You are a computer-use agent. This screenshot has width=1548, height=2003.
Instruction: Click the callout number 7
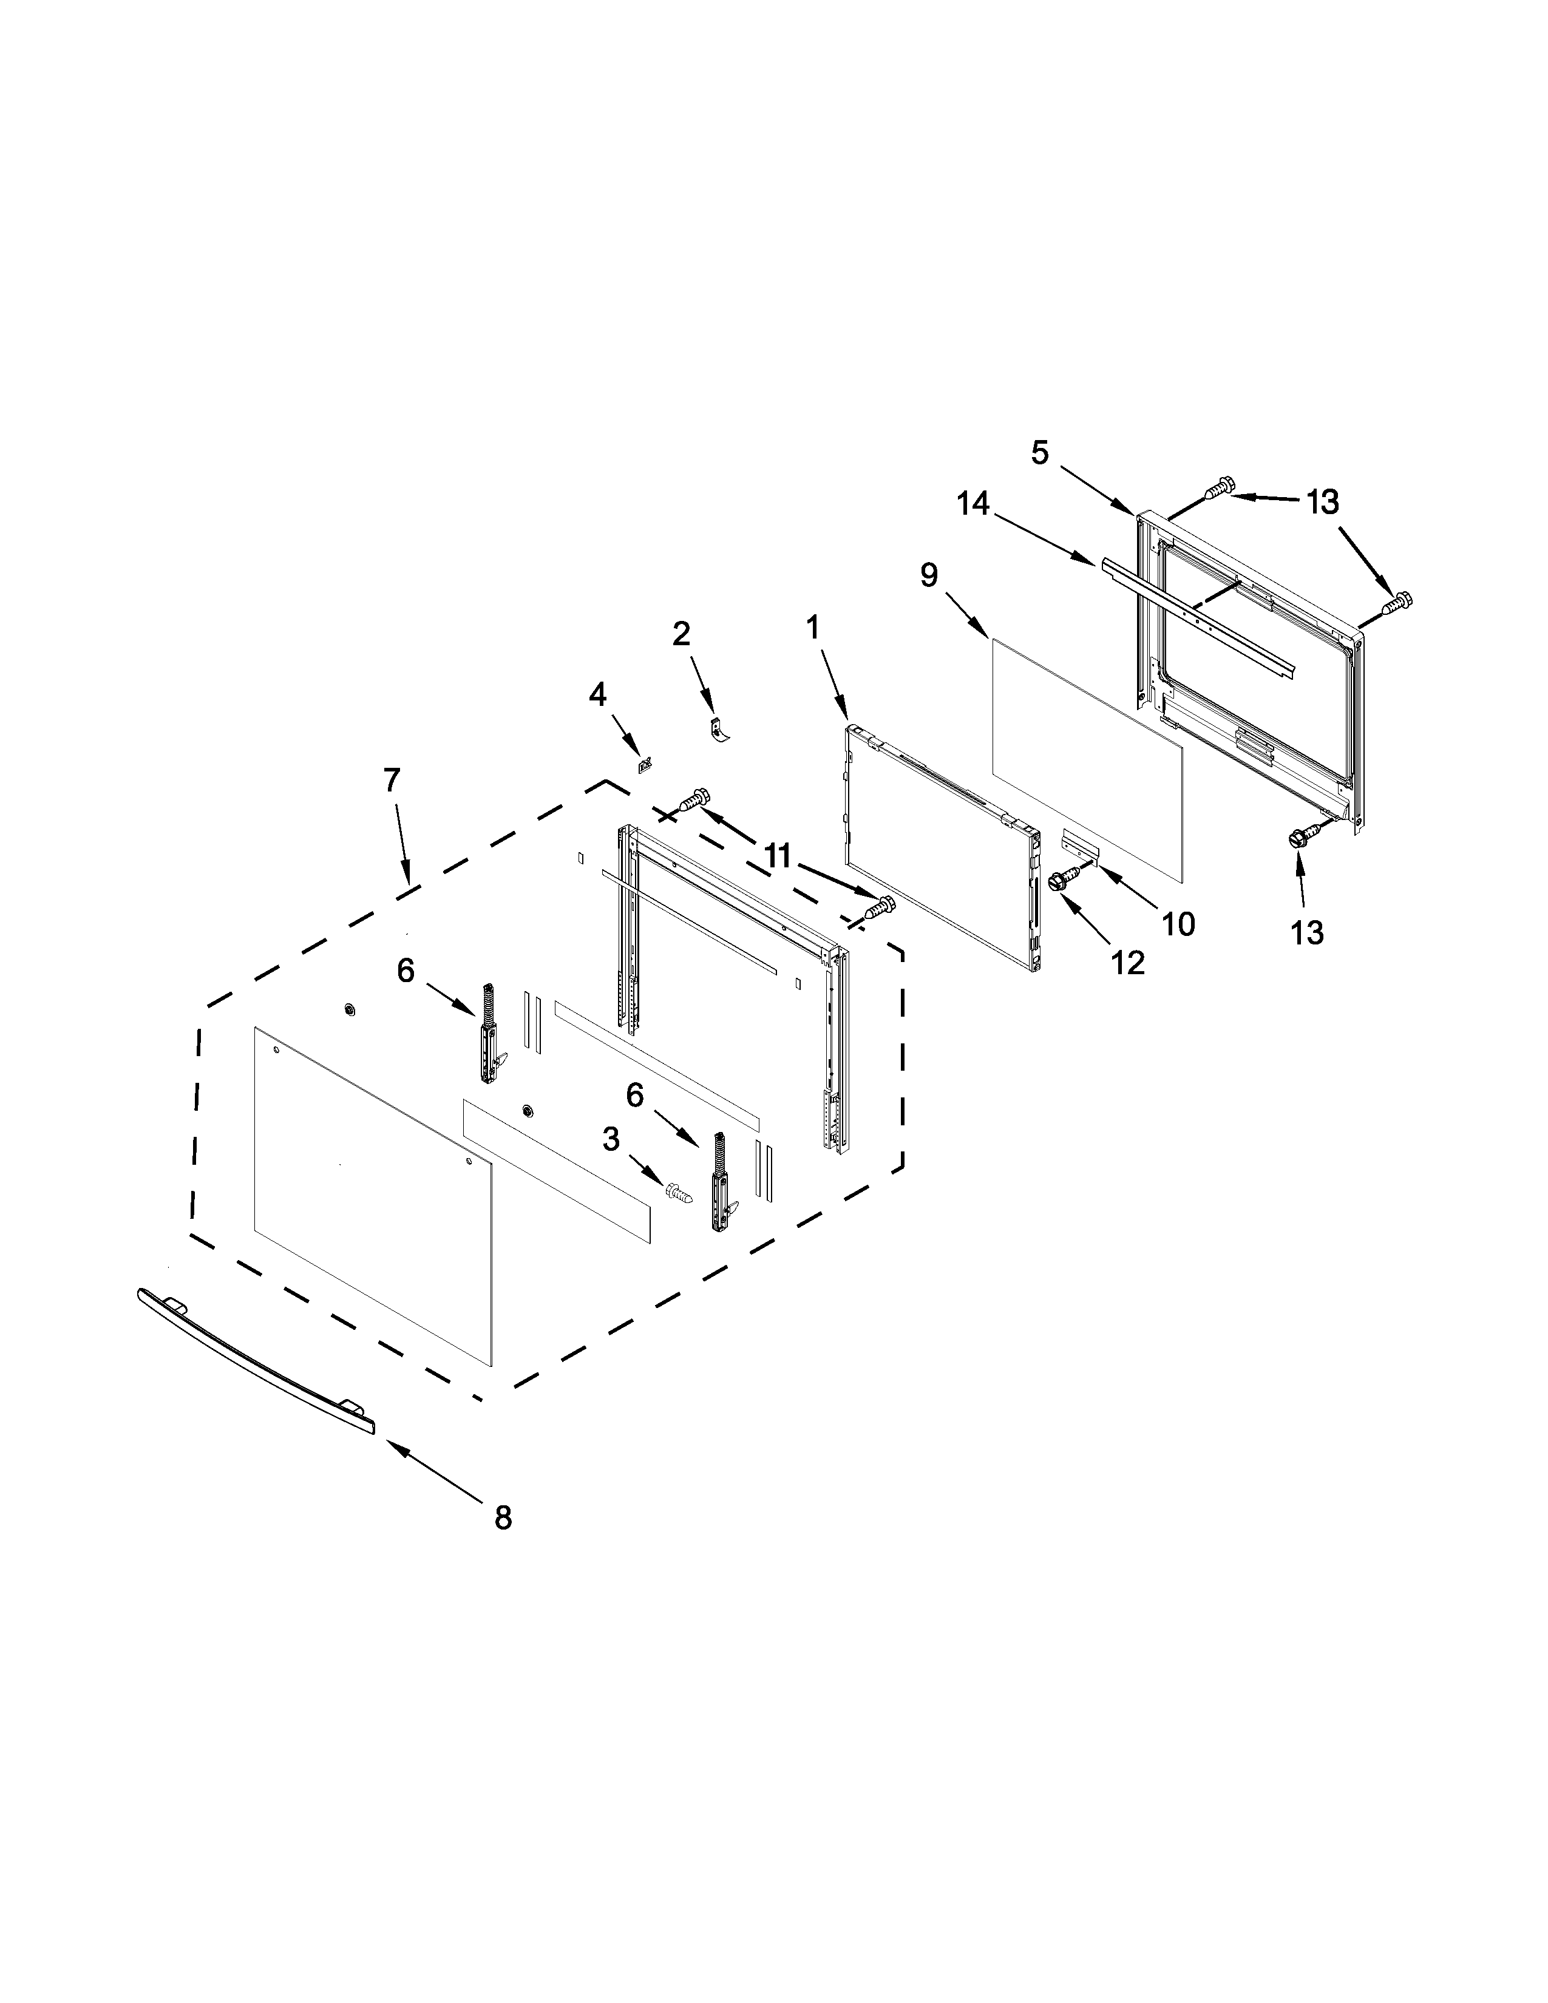coord(392,781)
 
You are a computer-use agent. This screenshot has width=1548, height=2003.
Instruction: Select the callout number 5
coord(1039,452)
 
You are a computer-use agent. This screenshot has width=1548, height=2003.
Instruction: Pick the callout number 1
coord(812,628)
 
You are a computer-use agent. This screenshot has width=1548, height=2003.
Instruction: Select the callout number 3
coord(611,1140)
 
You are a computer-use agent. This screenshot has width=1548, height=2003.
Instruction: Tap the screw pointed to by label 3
coord(679,1193)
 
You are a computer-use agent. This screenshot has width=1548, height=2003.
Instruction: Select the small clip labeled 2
coord(720,733)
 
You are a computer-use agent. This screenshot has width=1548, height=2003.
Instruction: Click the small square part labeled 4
coord(645,762)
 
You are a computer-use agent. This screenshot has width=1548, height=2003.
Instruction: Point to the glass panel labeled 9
coord(1087,761)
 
